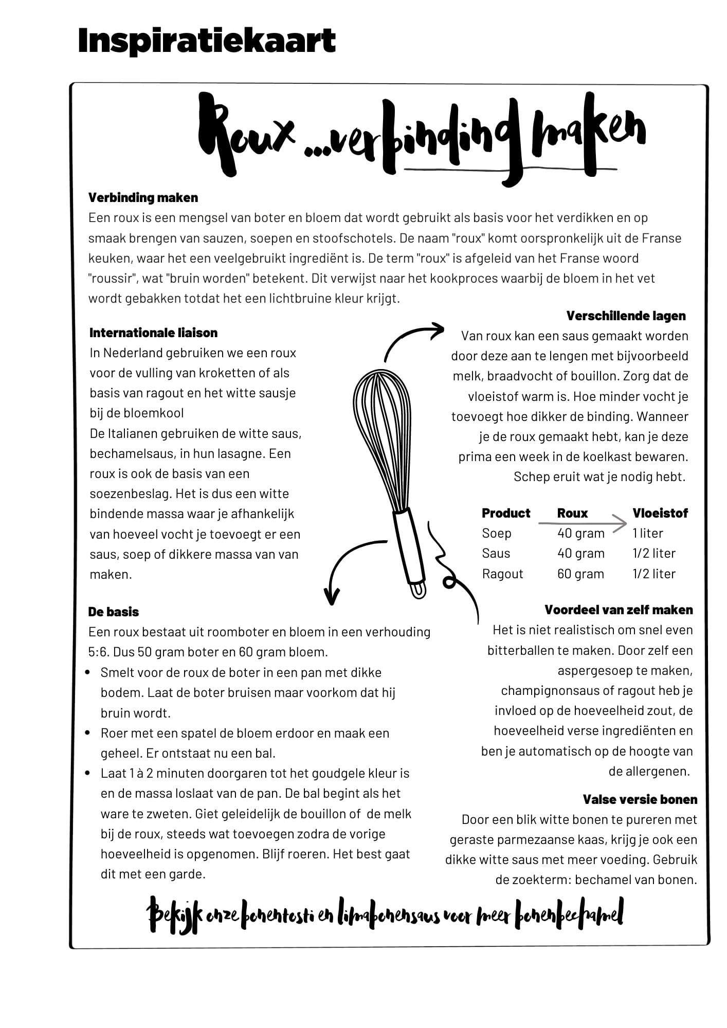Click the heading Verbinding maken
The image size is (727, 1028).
tap(143, 197)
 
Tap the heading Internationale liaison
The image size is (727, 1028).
tap(153, 333)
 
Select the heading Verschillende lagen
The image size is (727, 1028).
tap(626, 316)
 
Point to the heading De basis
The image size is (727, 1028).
tap(113, 612)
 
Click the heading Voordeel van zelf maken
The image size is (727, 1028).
tap(619, 610)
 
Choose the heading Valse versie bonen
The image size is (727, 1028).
tap(640, 799)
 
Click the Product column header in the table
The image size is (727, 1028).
tap(505, 513)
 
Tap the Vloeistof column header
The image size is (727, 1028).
tap(660, 513)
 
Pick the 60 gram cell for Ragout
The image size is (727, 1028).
tap(580, 574)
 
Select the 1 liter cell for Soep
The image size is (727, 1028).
tap(647, 533)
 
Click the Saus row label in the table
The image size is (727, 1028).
tap(496, 554)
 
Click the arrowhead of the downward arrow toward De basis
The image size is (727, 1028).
tap(332, 598)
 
